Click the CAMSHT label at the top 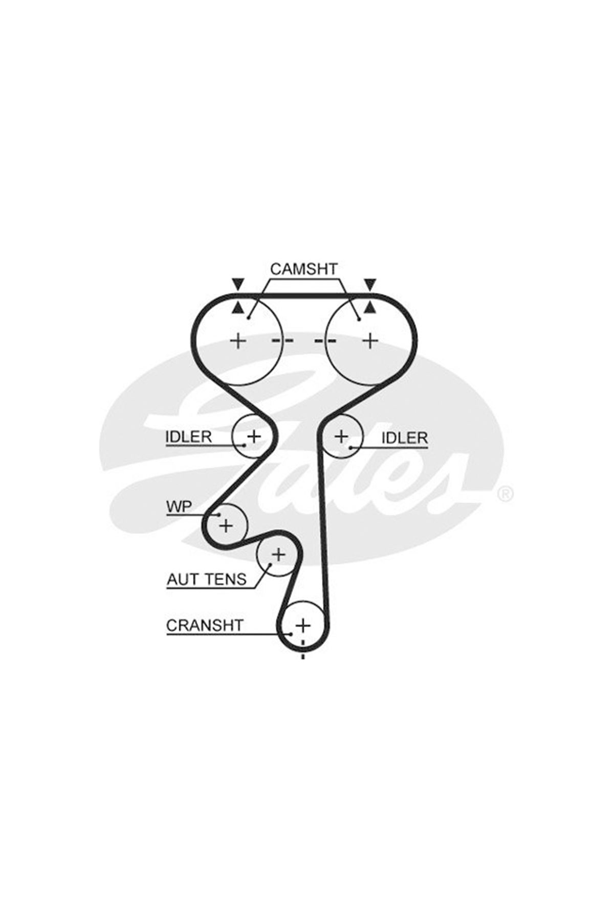304,269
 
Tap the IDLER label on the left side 188,436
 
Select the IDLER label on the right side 405,438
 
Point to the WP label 179,507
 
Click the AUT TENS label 207,579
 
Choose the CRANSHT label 205,626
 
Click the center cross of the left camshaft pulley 238,340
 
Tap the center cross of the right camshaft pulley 370,340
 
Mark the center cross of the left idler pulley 254,436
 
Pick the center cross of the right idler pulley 341,436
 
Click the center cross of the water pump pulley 226,525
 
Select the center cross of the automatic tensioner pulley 278,554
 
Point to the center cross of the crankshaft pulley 303,625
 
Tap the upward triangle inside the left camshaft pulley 238,307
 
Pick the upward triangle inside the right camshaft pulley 369,307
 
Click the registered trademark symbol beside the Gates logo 505,494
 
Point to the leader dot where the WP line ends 220,515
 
